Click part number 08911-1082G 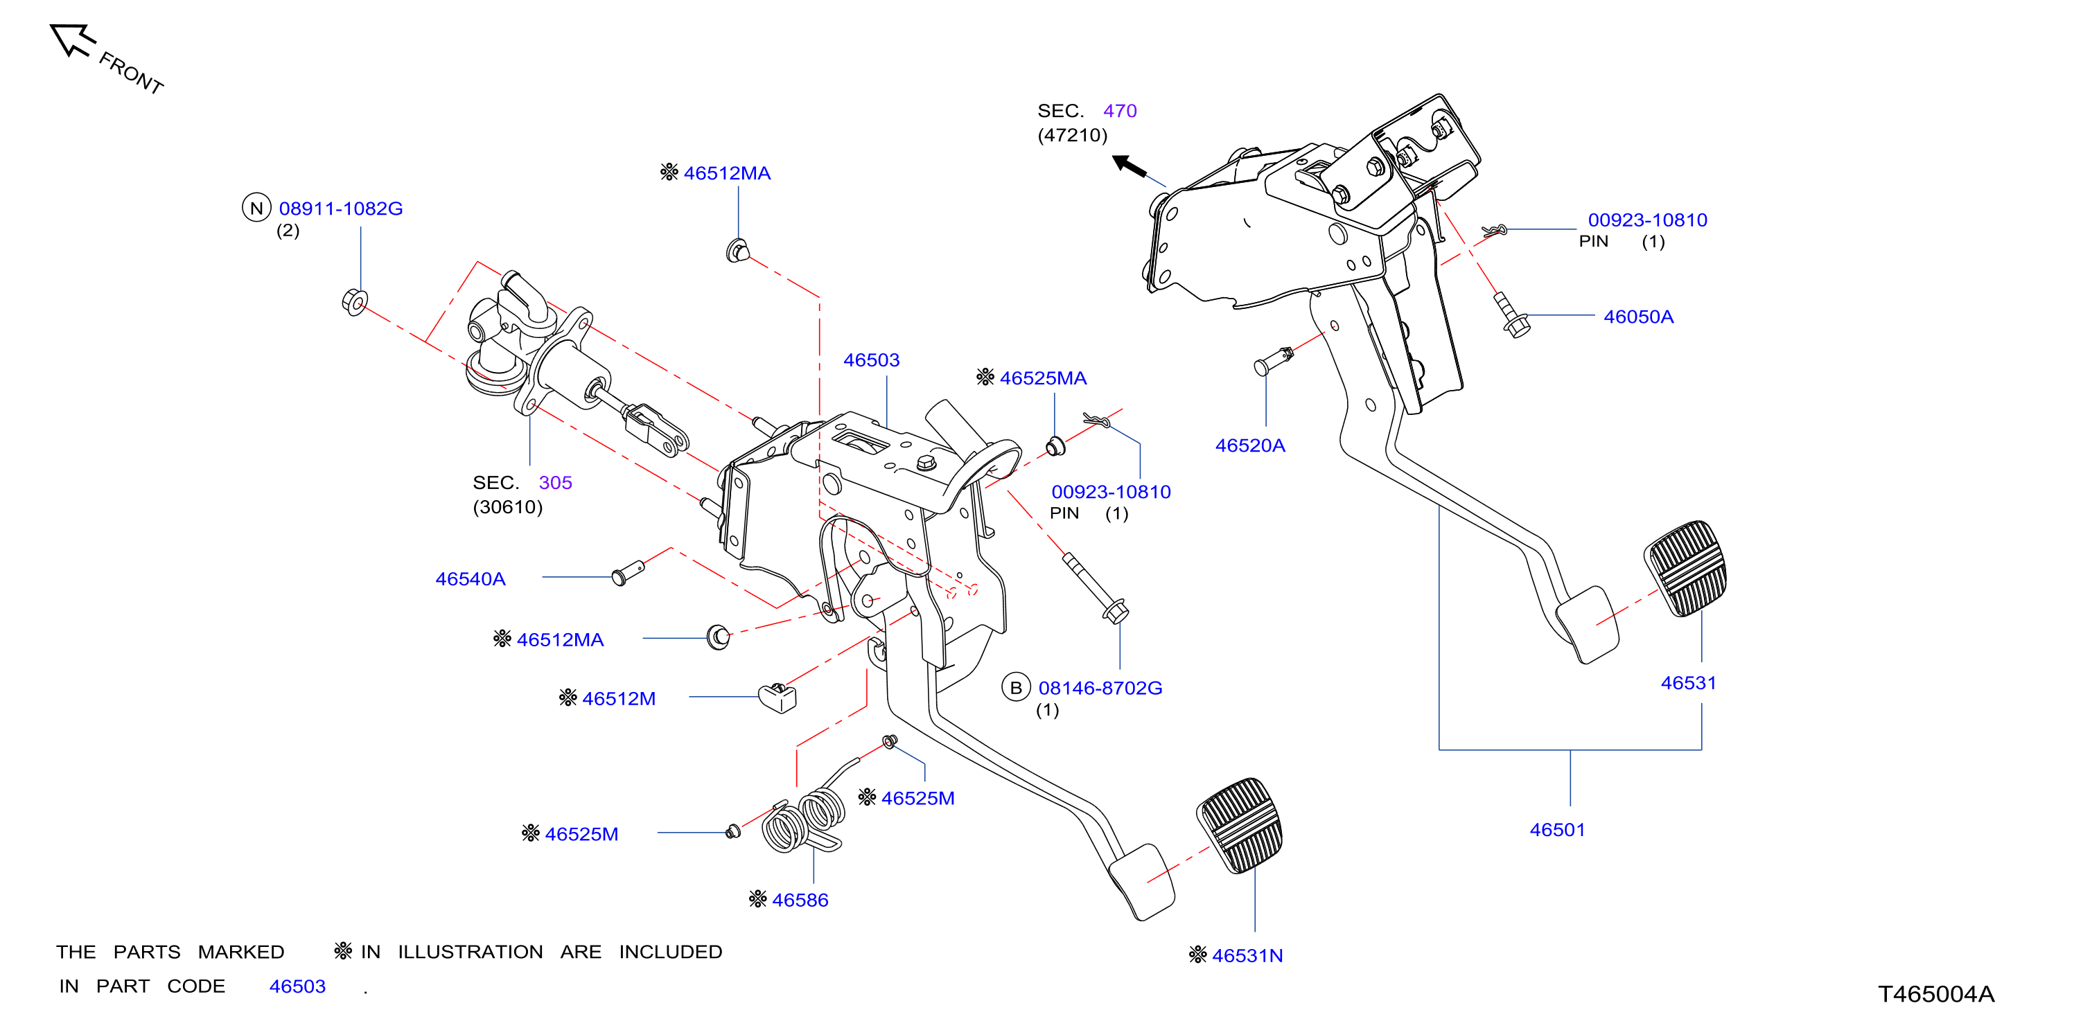[x=340, y=209]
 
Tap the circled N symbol [x=256, y=208]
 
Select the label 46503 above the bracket [x=871, y=360]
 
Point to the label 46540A [x=471, y=579]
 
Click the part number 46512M [x=618, y=699]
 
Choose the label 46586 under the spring [x=800, y=900]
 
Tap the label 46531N [x=1247, y=955]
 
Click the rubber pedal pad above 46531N [x=1240, y=825]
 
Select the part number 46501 [x=1557, y=830]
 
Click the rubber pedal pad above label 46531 [x=1685, y=568]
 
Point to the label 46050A [x=1638, y=317]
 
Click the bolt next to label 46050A [x=1511, y=314]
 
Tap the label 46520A [x=1249, y=446]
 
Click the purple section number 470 [x=1120, y=111]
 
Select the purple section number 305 [x=555, y=483]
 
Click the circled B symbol [x=1015, y=687]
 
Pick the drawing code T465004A [x=1936, y=994]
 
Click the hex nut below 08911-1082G [x=354, y=302]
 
